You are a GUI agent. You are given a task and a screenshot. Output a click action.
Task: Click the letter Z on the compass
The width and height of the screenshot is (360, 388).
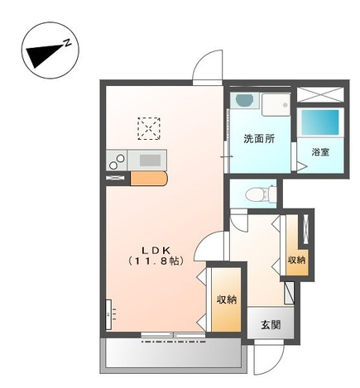tap(67, 43)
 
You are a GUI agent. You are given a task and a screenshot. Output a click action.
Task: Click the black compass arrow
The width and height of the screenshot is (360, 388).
tap(44, 56)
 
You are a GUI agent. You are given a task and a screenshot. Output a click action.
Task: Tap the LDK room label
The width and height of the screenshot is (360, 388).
tap(156, 250)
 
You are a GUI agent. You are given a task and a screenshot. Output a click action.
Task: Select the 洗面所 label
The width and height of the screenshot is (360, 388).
tap(259, 139)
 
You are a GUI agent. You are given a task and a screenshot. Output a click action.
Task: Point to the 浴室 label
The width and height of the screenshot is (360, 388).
tap(320, 152)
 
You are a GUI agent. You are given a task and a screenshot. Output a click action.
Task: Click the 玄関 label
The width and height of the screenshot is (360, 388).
tap(271, 325)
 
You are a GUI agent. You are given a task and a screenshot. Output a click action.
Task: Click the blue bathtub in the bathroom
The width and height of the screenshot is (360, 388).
tap(320, 122)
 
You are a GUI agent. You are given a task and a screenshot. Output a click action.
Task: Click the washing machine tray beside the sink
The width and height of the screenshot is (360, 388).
tap(276, 105)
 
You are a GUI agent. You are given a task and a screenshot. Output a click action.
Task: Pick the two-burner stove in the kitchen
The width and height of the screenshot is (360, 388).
tap(117, 160)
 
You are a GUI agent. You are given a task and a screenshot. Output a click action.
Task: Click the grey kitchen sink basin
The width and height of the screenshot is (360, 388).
tap(150, 160)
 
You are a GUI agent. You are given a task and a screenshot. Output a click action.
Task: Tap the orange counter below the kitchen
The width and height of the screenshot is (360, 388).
tap(149, 179)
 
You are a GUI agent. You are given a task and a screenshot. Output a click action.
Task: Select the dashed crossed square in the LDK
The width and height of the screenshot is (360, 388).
tap(149, 128)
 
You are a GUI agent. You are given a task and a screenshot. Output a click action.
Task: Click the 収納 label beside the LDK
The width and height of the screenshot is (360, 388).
tap(227, 299)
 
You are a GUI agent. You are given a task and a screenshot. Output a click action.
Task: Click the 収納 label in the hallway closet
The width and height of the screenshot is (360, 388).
tap(297, 260)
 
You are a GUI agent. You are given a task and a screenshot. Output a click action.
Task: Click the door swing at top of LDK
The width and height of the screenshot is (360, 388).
tap(208, 67)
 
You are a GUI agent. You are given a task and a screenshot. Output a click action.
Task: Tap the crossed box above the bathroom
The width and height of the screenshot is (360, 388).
tap(320, 94)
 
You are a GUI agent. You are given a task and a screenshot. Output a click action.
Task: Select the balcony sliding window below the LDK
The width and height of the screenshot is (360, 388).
tap(173, 335)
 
